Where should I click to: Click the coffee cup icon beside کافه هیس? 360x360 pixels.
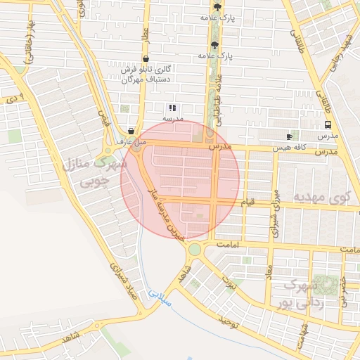(289, 136)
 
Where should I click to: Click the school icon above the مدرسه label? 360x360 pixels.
(172, 108)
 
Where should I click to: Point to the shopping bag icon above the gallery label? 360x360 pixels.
(146, 58)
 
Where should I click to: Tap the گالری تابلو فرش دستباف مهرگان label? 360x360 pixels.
(146, 75)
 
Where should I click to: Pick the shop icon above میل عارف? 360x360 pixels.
(131, 131)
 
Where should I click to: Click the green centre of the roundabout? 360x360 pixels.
(195, 250)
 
